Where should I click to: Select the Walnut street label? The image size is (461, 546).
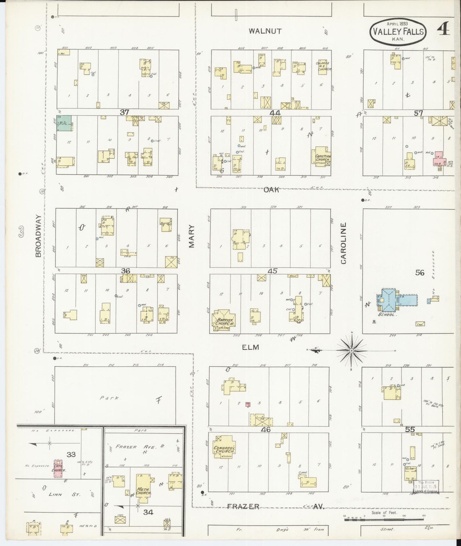[265, 31]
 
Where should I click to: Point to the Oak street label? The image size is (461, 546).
[271, 190]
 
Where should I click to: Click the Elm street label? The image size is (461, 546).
[250, 347]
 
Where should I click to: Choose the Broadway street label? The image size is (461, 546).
[38, 236]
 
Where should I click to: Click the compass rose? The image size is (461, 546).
[351, 351]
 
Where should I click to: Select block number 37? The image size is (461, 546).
[124, 112]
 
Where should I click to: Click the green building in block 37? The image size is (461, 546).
[64, 123]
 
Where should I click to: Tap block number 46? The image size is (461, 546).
[265, 429]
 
